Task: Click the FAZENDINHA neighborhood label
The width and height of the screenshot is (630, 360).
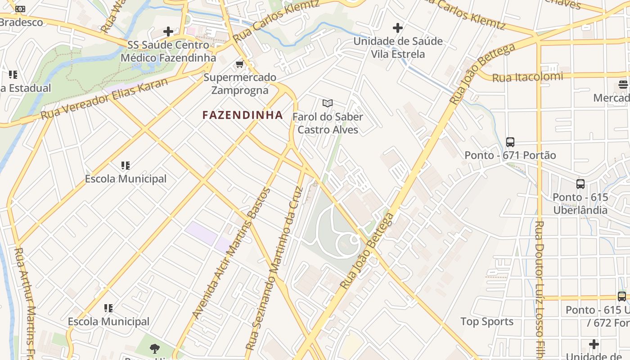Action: click(243, 115)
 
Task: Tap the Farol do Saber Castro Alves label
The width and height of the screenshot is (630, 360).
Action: click(328, 123)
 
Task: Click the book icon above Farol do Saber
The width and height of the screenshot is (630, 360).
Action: click(328, 103)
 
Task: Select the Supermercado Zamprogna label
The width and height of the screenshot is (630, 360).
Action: click(240, 84)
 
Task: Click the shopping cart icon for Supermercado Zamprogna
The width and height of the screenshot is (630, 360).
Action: click(239, 64)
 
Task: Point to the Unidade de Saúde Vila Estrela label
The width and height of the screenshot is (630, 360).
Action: click(398, 48)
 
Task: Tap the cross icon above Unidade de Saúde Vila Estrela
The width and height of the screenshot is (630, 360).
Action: click(398, 28)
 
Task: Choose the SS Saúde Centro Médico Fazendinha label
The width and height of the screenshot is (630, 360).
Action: click(168, 51)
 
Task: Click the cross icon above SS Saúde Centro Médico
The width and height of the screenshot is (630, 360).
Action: click(168, 31)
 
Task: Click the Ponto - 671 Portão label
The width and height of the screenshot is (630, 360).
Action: click(510, 155)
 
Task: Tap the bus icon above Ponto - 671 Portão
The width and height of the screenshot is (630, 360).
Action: click(510, 142)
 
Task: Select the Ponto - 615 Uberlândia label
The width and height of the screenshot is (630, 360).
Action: click(580, 203)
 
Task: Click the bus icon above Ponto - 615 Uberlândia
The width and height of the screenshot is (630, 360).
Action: click(580, 184)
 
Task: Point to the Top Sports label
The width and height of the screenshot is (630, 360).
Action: click(487, 321)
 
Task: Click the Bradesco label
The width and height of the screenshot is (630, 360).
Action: click(22, 22)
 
